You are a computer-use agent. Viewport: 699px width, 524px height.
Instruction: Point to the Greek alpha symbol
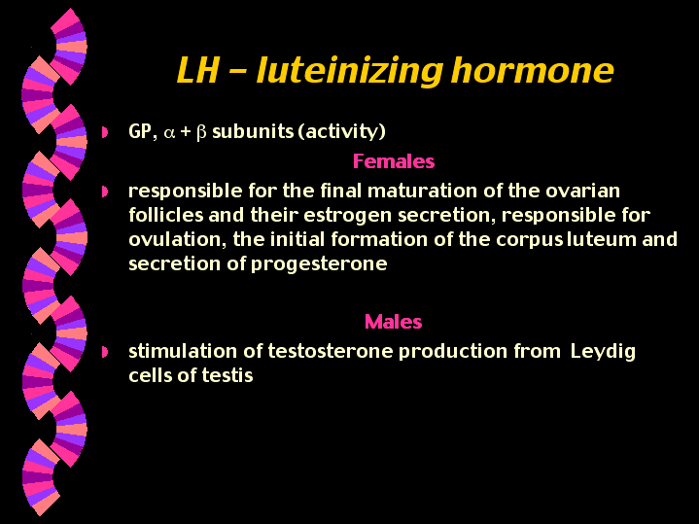point(167,132)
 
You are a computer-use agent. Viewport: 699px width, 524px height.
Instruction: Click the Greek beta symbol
point(201,133)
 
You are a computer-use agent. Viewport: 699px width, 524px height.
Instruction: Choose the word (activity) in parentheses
point(346,132)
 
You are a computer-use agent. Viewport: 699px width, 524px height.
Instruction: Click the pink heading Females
point(393,161)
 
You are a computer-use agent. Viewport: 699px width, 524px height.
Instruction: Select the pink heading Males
point(393,321)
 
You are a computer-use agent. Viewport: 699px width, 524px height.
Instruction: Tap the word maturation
point(414,190)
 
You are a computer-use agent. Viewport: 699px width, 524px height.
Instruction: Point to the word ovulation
point(171,240)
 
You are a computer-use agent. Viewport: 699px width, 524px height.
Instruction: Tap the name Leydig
point(603,351)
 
